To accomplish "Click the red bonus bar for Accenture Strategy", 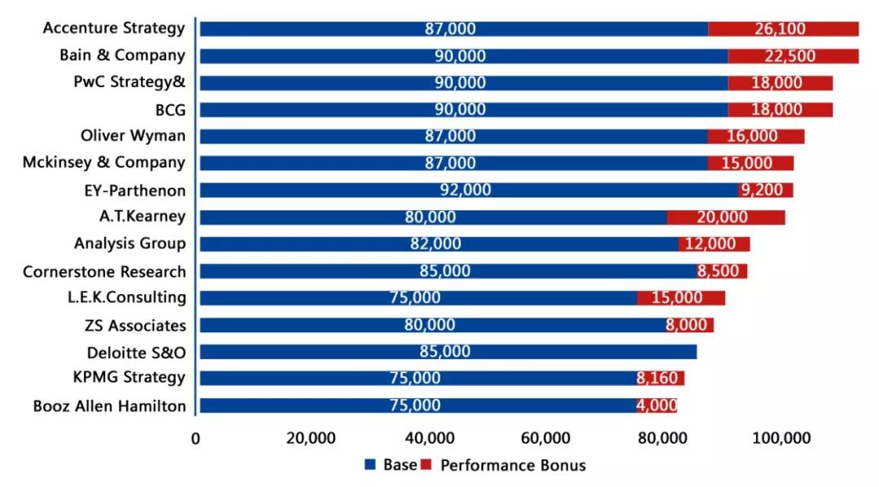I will [x=783, y=29].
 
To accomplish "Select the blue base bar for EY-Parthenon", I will [x=468, y=191].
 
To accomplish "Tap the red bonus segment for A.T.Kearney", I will [x=726, y=217].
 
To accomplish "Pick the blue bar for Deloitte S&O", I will [x=448, y=352].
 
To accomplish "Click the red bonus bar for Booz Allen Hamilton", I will [x=657, y=406].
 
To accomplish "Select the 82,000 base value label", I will [x=435, y=244].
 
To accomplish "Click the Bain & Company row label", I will [x=122, y=56].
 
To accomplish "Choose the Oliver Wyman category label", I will [x=133, y=136].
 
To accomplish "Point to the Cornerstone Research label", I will [x=104, y=271].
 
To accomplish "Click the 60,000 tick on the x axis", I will [x=544, y=438].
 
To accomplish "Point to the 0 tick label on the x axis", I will [x=196, y=438].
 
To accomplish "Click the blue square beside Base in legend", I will [x=370, y=465].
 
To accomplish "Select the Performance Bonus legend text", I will [x=513, y=466].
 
